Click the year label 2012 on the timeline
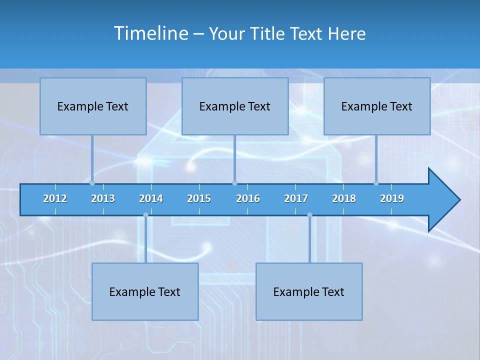point(55,198)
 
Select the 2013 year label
point(103,198)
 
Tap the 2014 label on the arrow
point(151,198)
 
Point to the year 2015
point(199,198)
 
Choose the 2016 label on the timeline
point(248,198)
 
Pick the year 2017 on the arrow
point(296,198)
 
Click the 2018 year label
point(344,198)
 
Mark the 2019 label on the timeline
point(392,198)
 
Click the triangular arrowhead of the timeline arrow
point(443,200)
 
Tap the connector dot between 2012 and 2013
point(92,183)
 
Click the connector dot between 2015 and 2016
point(234,183)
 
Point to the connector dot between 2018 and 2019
point(376,183)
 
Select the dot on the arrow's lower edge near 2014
point(145,215)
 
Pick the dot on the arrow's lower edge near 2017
point(309,215)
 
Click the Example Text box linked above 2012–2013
point(93,106)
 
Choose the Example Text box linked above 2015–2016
point(235,106)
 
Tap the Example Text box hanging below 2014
point(145,291)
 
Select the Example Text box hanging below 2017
point(309,291)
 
